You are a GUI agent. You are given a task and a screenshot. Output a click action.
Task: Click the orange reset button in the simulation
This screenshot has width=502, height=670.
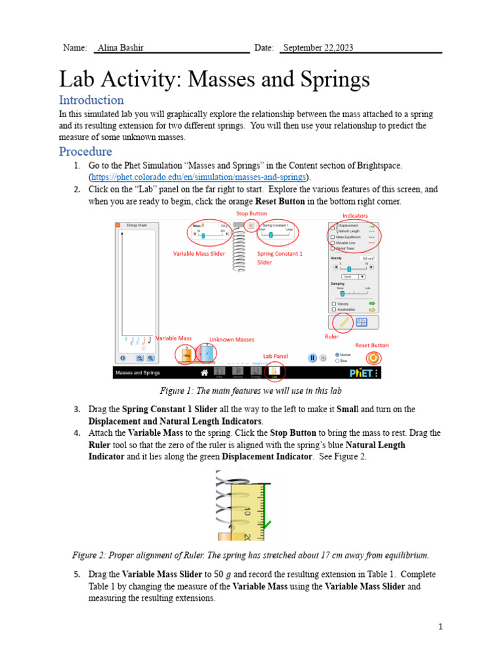[373, 358]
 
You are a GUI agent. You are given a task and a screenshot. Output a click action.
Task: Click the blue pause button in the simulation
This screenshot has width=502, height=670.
[313, 358]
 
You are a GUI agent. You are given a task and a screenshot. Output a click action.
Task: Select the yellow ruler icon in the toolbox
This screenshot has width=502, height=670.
[342, 322]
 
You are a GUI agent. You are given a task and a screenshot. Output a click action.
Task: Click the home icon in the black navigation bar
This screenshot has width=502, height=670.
[205, 372]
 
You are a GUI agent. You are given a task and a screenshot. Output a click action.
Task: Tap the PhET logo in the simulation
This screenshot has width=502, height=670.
[361, 372]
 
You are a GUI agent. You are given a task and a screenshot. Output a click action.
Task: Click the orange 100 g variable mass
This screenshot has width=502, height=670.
[186, 354]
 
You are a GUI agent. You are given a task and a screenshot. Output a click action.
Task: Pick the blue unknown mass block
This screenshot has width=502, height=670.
[207, 353]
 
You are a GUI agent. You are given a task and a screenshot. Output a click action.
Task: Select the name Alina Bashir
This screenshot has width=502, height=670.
[120, 48]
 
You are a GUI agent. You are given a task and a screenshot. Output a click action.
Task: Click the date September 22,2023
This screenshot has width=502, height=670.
[318, 48]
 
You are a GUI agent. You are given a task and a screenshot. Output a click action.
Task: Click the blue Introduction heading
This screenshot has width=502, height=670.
[91, 100]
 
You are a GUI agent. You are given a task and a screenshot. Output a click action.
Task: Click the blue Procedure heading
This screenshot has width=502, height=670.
[85, 151]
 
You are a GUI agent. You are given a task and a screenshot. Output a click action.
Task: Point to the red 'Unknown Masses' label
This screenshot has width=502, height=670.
[231, 340]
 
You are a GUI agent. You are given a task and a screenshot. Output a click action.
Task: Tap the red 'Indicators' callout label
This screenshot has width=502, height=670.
[355, 215]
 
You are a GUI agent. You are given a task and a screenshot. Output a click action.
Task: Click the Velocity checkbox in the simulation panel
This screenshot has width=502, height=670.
[335, 304]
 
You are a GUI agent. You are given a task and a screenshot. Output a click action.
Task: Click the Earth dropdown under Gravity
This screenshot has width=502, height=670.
[353, 277]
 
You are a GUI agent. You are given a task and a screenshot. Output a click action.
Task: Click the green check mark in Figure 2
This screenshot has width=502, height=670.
[268, 523]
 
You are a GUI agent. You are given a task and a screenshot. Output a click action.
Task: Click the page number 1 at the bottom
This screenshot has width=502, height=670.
[441, 627]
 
